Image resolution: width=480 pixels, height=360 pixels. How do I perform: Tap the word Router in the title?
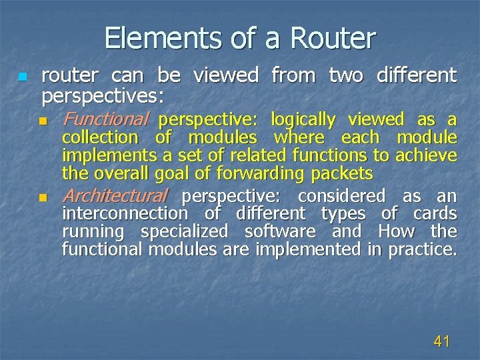(333, 38)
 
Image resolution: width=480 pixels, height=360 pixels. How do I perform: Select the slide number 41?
(441, 342)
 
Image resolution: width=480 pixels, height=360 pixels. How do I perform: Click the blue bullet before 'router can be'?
(23, 77)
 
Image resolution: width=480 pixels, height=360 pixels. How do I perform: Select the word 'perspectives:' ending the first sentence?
(103, 96)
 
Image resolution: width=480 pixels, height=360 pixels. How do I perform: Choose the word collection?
(99, 138)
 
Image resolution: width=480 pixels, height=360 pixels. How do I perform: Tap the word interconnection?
(125, 214)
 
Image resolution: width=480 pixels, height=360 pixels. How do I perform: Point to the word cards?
(435, 214)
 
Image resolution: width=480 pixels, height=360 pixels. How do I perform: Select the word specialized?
(185, 232)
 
